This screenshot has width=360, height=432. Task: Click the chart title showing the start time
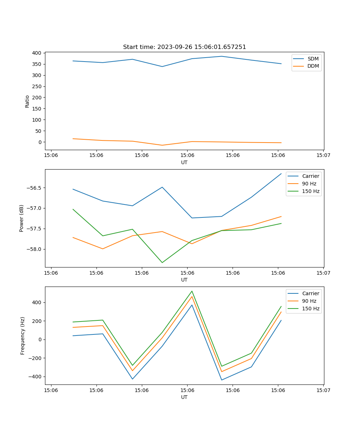click(x=184, y=47)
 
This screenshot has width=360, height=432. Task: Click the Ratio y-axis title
click(x=27, y=102)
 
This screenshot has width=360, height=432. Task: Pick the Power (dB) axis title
click(x=22, y=218)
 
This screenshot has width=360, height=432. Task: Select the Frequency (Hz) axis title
click(x=23, y=336)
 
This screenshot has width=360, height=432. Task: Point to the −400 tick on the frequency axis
click(x=35, y=377)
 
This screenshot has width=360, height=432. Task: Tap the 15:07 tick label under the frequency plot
click(x=323, y=390)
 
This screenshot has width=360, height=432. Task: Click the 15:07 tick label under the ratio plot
click(x=323, y=155)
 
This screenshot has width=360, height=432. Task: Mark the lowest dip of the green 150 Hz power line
click(x=162, y=262)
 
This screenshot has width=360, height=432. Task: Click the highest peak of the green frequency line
click(x=192, y=291)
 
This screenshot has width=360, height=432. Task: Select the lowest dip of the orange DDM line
click(x=162, y=145)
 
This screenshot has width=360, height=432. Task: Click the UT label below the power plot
click(x=184, y=280)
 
